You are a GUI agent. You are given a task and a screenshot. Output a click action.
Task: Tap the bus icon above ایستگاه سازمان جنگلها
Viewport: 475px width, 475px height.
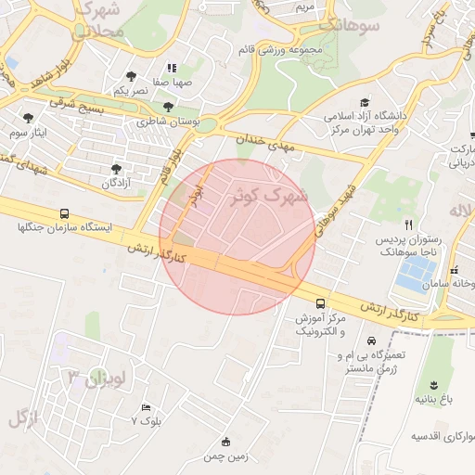(x=63, y=212)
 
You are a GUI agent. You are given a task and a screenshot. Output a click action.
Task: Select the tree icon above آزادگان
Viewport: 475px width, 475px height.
(x=115, y=169)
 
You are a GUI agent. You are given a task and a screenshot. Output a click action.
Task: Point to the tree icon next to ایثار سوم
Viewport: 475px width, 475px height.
(x=30, y=118)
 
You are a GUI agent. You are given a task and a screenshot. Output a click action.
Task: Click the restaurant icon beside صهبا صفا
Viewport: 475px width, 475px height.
(x=172, y=68)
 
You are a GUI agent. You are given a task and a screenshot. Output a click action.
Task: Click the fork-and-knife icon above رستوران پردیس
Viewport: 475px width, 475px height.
(x=409, y=225)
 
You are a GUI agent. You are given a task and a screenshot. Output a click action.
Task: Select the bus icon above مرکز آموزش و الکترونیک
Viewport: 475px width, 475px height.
(x=320, y=303)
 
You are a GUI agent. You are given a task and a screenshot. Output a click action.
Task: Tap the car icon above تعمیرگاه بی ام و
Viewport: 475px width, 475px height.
(x=372, y=340)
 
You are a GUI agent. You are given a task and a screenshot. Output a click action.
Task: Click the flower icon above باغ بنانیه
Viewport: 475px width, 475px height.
(x=433, y=384)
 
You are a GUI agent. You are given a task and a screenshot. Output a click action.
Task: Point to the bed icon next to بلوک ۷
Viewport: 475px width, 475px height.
(x=145, y=407)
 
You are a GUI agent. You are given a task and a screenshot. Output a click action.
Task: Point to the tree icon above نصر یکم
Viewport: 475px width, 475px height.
(x=131, y=76)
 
